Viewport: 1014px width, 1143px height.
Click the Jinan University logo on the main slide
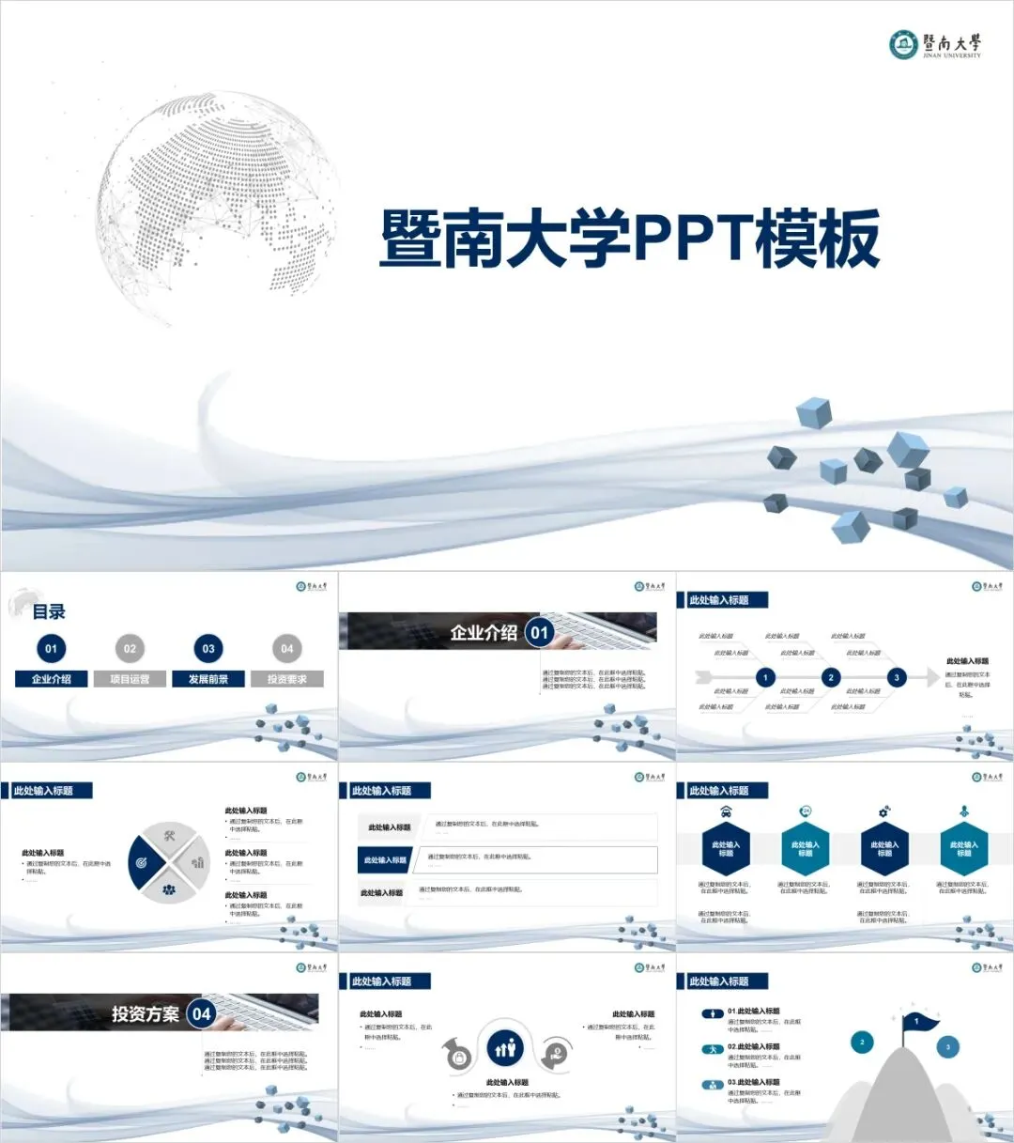(x=935, y=44)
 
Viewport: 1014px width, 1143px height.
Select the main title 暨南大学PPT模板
(x=629, y=239)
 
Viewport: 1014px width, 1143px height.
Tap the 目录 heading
(x=49, y=611)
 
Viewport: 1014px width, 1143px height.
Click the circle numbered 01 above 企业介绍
(x=51, y=648)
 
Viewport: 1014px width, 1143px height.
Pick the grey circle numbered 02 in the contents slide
(x=130, y=648)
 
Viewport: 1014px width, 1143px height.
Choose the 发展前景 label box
(x=208, y=679)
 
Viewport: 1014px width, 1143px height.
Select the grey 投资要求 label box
(x=287, y=679)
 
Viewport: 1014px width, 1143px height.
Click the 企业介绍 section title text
(x=484, y=633)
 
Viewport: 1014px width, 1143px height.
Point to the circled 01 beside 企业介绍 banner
(x=539, y=633)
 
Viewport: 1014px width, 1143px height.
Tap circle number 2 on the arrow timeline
(x=830, y=677)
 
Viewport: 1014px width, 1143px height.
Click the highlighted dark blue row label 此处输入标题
(x=386, y=859)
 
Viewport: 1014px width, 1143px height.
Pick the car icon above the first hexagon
(x=726, y=811)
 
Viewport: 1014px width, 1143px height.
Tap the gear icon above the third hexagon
(x=883, y=811)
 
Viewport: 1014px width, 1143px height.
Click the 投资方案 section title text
(x=145, y=1014)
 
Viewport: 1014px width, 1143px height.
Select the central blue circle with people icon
(x=506, y=1047)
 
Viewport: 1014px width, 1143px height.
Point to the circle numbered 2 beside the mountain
(x=862, y=1042)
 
